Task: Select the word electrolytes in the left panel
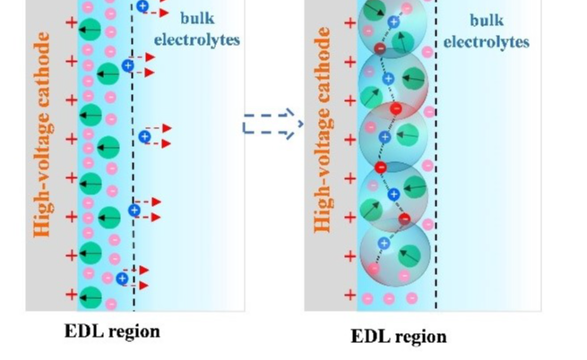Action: (x=197, y=39)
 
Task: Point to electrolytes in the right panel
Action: (x=487, y=41)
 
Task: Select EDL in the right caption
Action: (x=370, y=337)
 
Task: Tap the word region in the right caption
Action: (x=419, y=338)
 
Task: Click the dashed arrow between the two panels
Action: (x=272, y=124)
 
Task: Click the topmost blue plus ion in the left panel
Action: (x=142, y=7)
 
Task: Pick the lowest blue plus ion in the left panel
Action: (x=122, y=279)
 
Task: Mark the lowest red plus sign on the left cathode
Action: (x=72, y=294)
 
